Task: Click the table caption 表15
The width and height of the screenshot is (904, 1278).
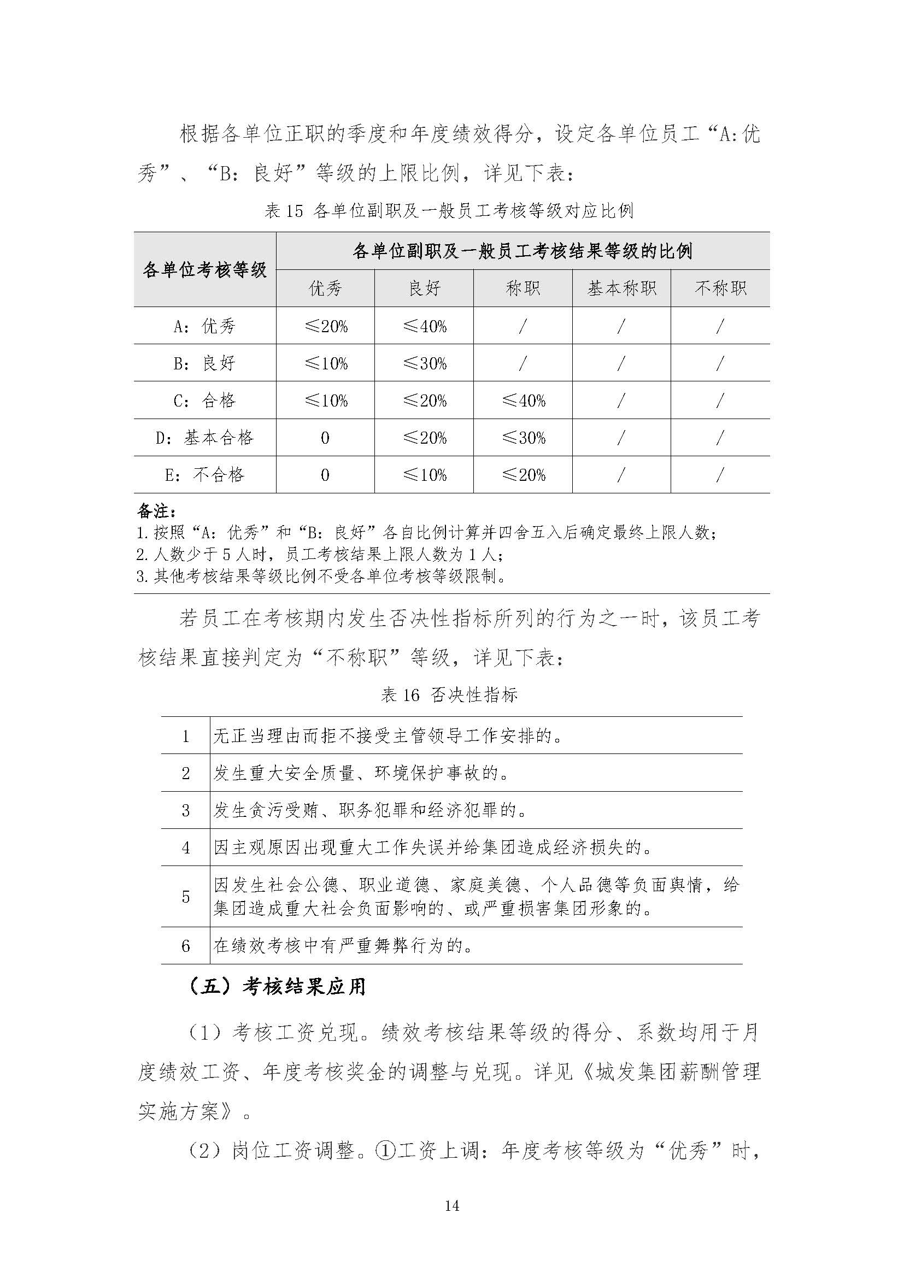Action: [x=449, y=211]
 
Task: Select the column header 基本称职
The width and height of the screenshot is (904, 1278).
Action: [x=621, y=288]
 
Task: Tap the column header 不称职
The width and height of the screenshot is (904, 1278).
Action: [x=720, y=288]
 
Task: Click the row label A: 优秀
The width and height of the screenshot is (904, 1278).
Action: [x=204, y=326]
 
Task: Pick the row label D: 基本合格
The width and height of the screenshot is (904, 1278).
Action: [x=204, y=438]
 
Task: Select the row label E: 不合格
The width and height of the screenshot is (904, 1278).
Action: [x=204, y=475]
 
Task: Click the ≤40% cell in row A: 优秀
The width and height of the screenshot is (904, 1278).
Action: [x=424, y=326]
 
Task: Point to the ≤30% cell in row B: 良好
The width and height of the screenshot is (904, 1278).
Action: [x=424, y=363]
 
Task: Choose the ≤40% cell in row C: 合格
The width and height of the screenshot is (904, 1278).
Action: [x=523, y=400]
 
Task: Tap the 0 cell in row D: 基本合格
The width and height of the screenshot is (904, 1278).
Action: [x=325, y=438]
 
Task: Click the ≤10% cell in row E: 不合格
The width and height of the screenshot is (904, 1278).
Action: [x=424, y=475]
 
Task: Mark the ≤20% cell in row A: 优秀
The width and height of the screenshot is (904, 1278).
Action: [x=325, y=326]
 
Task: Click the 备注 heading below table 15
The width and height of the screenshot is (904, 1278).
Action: [x=156, y=511]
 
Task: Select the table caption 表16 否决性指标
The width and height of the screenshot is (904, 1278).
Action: [x=449, y=694]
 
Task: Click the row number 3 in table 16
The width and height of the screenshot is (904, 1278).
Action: [x=186, y=810]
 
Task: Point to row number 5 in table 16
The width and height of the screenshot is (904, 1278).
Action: [x=186, y=896]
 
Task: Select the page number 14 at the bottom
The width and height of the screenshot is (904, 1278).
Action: [x=452, y=1206]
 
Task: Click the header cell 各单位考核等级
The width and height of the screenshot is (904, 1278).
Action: [x=204, y=270]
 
